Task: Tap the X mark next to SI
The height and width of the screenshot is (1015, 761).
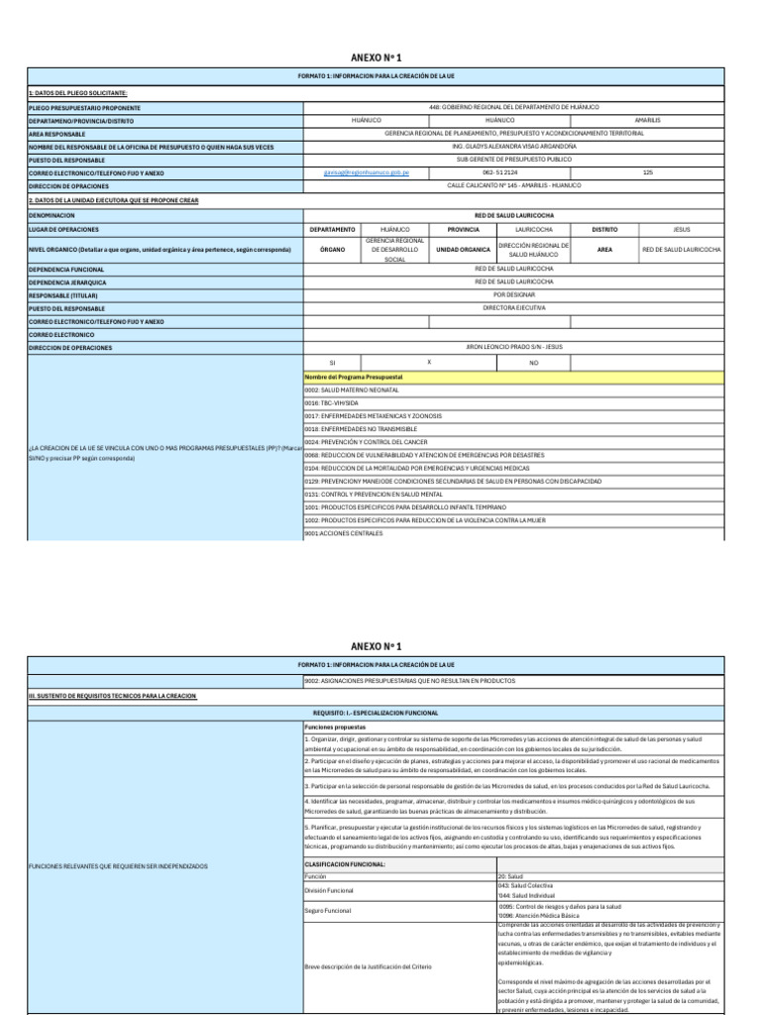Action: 428,363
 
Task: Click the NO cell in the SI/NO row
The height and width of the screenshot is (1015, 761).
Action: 533,363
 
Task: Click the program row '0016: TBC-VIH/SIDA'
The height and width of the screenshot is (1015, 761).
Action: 333,403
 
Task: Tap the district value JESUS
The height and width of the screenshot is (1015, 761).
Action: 681,228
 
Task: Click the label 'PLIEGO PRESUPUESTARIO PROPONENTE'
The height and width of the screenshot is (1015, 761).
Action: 84,108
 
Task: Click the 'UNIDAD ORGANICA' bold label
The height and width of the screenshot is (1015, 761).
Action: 463,250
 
